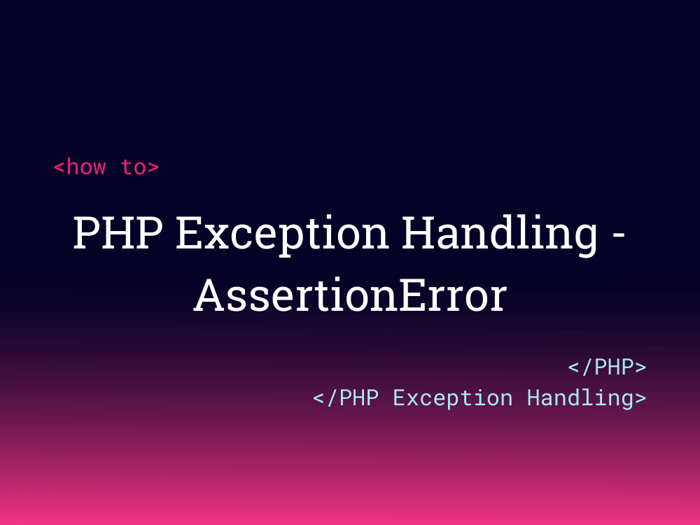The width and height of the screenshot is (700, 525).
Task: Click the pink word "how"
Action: coord(86,167)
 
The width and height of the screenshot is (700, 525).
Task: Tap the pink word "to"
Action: coord(133,167)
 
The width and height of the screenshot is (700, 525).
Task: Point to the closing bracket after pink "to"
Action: coord(153,168)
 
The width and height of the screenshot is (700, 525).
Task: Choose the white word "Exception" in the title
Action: coord(282,233)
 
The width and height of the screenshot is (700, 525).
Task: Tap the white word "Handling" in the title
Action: coord(500,233)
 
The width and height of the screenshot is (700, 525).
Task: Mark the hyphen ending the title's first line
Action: coord(618,236)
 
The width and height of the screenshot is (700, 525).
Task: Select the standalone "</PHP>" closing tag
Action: coord(607,367)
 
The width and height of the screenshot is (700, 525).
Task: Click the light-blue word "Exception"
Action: coord(452,398)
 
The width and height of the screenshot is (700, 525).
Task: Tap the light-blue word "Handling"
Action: coord(580,398)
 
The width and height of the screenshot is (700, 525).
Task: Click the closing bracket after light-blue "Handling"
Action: coord(640,398)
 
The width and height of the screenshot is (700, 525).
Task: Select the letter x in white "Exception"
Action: coord(215,237)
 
